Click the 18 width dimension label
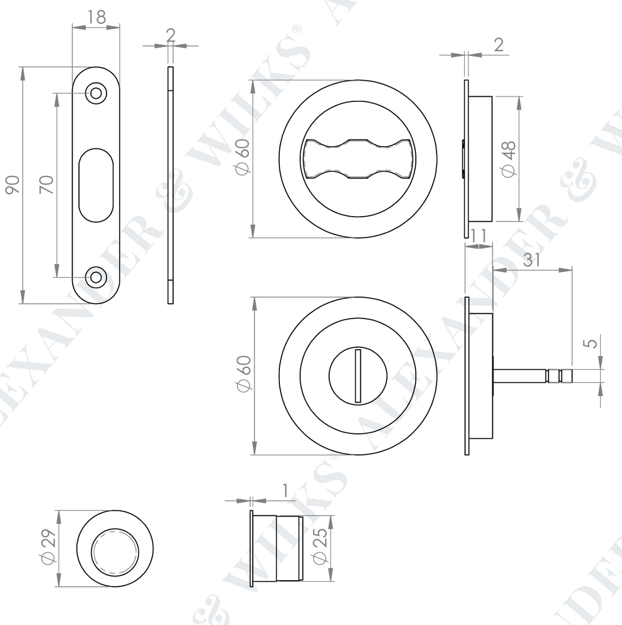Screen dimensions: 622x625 [x=96, y=17]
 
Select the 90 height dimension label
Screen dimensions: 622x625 [x=12, y=184]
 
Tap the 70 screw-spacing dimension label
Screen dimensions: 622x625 [x=46, y=184]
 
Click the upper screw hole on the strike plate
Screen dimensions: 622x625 [x=96, y=93]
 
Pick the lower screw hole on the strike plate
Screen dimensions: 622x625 [x=96, y=277]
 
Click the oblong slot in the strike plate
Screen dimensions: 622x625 [x=96, y=185]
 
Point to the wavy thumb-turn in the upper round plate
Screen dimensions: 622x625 [x=358, y=158]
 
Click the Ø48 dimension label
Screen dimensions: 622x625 [x=509, y=159]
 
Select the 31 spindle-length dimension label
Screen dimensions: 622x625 [x=532, y=260]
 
